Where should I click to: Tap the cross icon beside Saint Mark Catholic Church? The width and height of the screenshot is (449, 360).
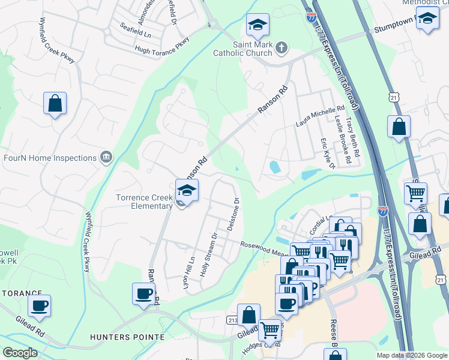(x=281, y=46)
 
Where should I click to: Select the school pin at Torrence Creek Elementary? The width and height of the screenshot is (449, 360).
(x=187, y=191)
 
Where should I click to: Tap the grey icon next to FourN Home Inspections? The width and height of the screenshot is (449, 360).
(x=106, y=157)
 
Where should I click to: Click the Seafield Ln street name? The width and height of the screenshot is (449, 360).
(x=136, y=28)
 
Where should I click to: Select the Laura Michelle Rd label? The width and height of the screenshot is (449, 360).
(x=321, y=116)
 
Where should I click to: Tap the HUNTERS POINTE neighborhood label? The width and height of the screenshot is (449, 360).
(x=127, y=337)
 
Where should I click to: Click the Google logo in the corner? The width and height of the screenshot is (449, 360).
(x=20, y=353)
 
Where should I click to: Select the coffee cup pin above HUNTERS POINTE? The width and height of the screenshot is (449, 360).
(x=144, y=294)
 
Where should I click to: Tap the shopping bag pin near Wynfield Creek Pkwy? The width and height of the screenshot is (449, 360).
(x=55, y=103)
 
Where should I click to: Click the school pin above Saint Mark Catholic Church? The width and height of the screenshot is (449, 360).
(x=258, y=25)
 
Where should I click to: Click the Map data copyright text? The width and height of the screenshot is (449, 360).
(x=411, y=355)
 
